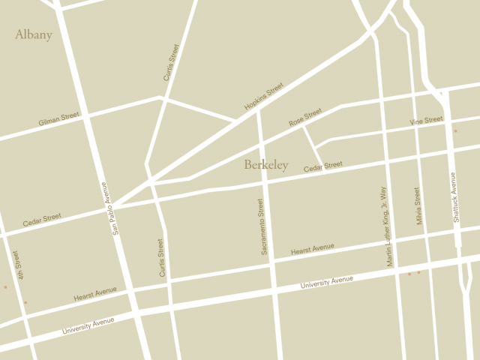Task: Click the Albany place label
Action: (33, 34)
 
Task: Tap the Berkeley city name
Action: (265, 165)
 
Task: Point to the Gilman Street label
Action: (59, 119)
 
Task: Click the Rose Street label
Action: (305, 117)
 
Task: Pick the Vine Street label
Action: (426, 121)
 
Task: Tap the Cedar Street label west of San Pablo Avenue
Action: (42, 220)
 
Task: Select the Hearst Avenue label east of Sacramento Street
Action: (312, 248)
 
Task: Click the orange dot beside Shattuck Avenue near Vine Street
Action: (455, 131)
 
